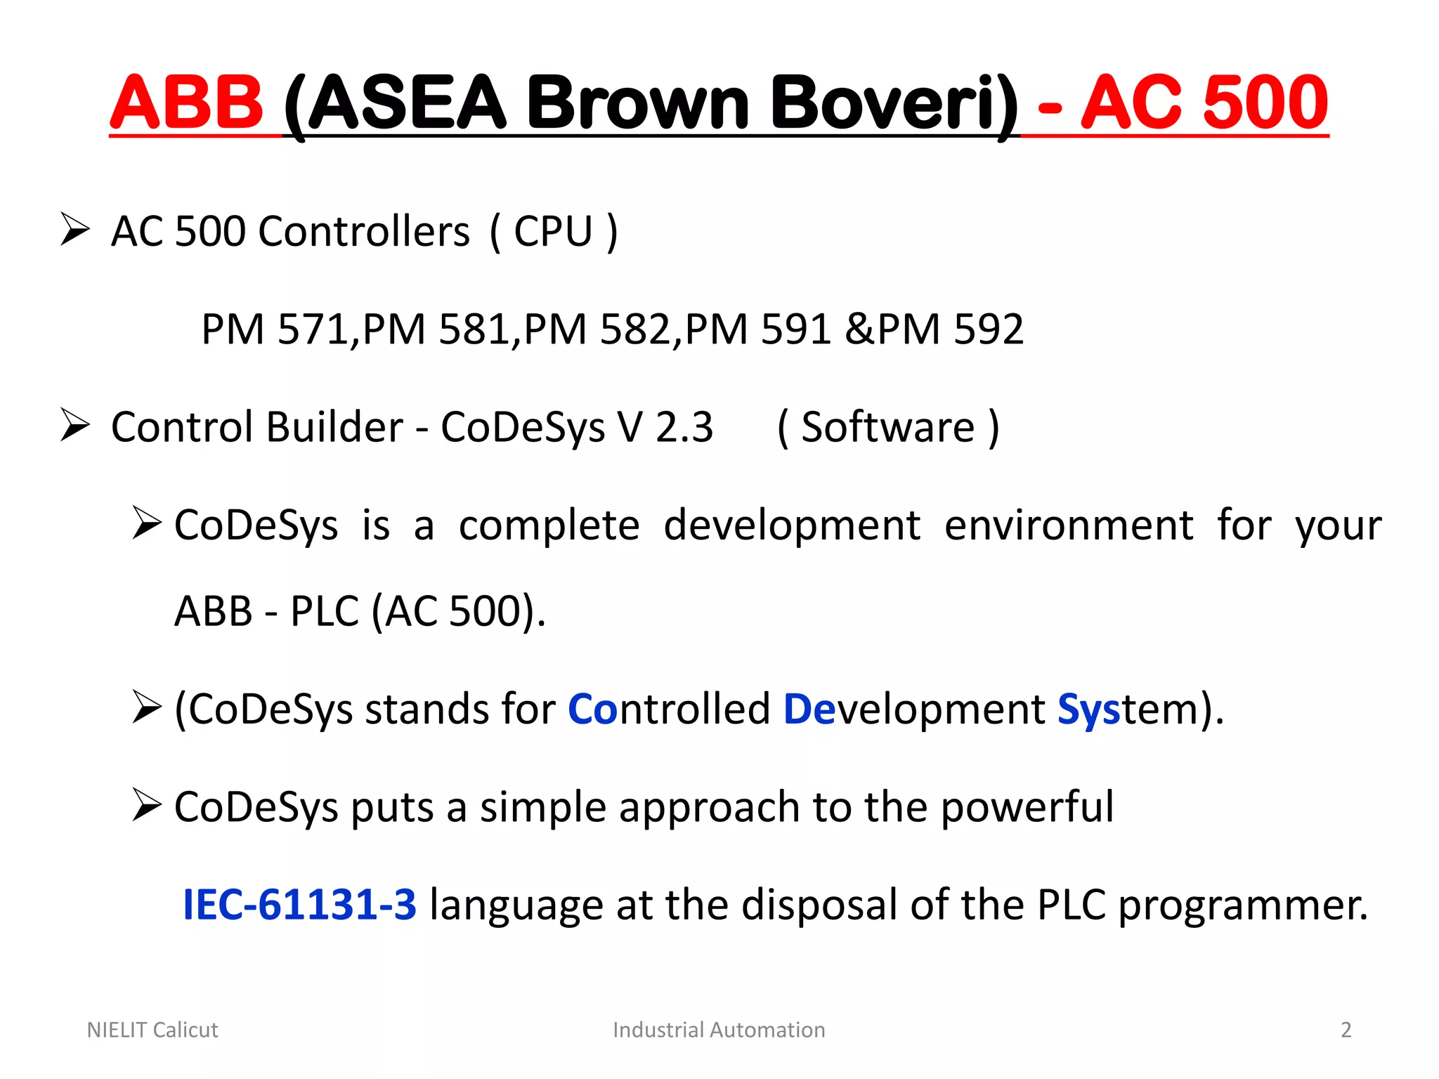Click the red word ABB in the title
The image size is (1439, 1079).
[x=186, y=103]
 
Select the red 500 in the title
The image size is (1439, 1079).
[x=1265, y=103]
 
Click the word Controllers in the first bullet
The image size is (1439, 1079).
[x=364, y=231]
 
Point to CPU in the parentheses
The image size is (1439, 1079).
[x=554, y=231]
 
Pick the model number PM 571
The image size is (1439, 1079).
[x=275, y=329]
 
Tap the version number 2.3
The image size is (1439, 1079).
[x=684, y=427]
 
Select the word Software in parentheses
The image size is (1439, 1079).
[x=888, y=427]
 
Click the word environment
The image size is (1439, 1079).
[x=1069, y=525]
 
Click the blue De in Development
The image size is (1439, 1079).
[x=809, y=709]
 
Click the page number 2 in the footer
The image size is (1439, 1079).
[x=1346, y=1030]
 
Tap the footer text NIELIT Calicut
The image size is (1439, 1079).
[x=152, y=1030]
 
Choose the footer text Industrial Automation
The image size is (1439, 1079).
[x=719, y=1030]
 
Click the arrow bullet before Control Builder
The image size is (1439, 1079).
[x=75, y=425]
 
